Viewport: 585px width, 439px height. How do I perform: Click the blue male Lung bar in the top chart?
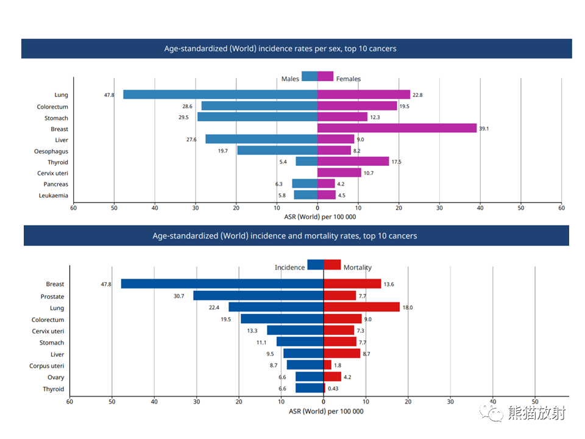pyautogui.click(x=220, y=95)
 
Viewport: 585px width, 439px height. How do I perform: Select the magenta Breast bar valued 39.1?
pyautogui.click(x=397, y=128)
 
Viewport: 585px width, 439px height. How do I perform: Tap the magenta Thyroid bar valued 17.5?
pyautogui.click(x=353, y=161)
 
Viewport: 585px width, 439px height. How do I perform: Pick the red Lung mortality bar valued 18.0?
pyautogui.click(x=361, y=307)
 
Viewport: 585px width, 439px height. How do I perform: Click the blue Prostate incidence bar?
pyautogui.click(x=258, y=296)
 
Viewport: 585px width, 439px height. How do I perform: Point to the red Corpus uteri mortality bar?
pyautogui.click(x=327, y=365)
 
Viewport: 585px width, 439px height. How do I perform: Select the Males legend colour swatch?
pyautogui.click(x=310, y=76)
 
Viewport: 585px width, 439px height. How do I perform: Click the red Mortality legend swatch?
pyautogui.click(x=332, y=265)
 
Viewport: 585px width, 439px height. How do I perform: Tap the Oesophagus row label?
pyautogui.click(x=51, y=151)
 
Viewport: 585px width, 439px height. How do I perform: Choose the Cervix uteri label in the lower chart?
pyautogui.click(x=48, y=331)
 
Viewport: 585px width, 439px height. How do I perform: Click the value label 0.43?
pyautogui.click(x=333, y=388)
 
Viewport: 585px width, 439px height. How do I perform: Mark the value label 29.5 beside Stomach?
pyautogui.click(x=183, y=117)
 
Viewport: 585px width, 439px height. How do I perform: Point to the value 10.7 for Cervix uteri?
pyautogui.click(x=369, y=173)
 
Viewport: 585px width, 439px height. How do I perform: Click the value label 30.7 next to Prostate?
pyautogui.click(x=179, y=296)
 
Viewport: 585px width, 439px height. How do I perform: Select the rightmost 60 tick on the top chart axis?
pyautogui.click(x=561, y=208)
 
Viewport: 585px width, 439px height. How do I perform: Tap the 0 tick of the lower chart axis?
pyautogui.click(x=324, y=402)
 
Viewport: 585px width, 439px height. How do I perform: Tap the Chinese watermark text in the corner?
pyautogui.click(x=536, y=413)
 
